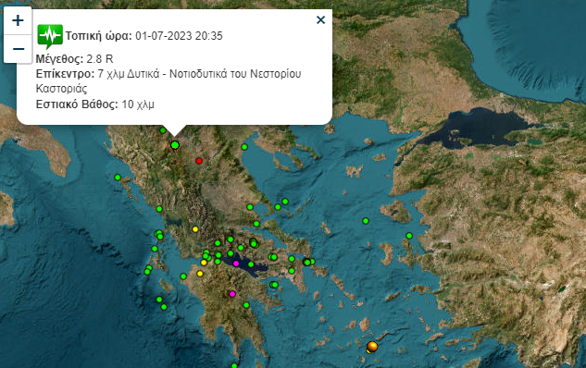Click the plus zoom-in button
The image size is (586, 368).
(18, 19)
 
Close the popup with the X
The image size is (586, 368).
(320, 19)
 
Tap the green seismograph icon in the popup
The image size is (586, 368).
(49, 36)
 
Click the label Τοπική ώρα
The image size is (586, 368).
(99, 36)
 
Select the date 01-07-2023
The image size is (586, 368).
(163, 36)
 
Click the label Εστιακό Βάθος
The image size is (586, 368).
(77, 104)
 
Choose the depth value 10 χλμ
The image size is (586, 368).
(138, 104)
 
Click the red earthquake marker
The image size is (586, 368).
(199, 161)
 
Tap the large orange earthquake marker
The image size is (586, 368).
(372, 347)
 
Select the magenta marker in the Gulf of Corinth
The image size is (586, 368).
(236, 264)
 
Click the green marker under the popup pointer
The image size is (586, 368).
(175, 144)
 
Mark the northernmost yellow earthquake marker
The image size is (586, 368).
(195, 228)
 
